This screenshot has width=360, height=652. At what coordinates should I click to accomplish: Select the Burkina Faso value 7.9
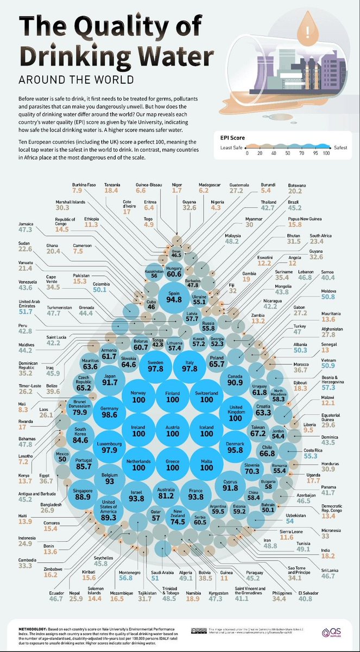tap(77, 191)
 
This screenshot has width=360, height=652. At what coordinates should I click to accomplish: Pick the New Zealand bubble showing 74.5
tap(174, 516)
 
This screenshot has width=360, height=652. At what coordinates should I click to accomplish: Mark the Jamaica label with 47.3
tap(26, 227)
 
